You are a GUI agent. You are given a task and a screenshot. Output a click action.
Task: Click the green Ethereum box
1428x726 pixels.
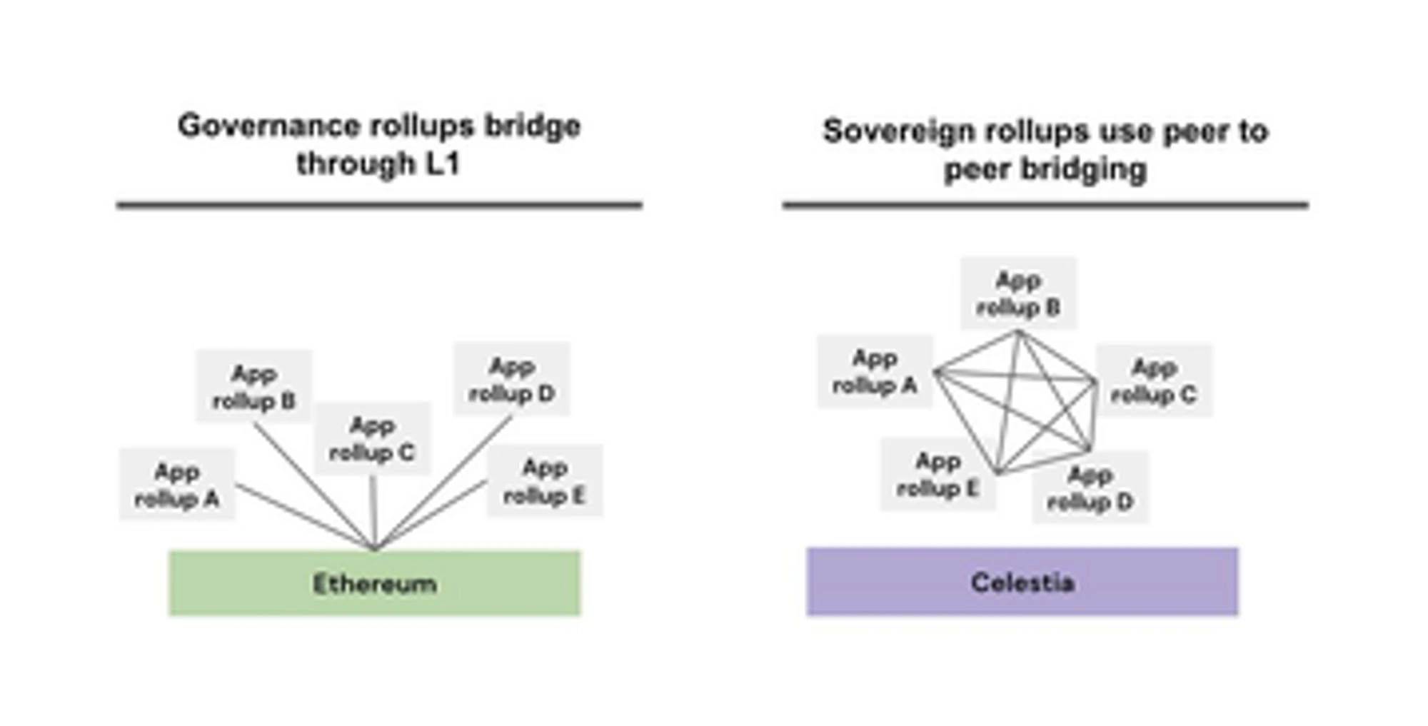[x=375, y=583]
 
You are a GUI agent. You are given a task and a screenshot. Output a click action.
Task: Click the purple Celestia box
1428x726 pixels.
[x=1022, y=582]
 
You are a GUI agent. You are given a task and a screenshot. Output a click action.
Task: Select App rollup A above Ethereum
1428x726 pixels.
[x=177, y=485]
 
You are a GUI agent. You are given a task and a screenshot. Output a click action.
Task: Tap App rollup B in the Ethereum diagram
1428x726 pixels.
[x=254, y=387]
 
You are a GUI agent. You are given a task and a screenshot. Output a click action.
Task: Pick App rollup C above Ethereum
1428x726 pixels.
[x=372, y=438]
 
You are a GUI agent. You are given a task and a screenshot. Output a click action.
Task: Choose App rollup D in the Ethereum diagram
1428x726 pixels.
[x=512, y=379]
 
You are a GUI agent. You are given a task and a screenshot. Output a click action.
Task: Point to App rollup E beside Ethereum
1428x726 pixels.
[x=545, y=480]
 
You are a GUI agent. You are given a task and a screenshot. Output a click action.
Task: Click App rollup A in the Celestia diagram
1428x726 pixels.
[x=875, y=371]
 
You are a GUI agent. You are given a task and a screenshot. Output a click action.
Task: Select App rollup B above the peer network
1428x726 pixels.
[x=1018, y=293]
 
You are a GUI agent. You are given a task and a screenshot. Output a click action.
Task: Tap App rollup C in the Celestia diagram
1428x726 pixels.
[x=1154, y=380]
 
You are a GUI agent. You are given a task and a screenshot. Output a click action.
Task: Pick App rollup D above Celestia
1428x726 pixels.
[x=1090, y=488]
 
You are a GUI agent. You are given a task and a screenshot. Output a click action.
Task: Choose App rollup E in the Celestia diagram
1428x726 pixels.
[x=937, y=474]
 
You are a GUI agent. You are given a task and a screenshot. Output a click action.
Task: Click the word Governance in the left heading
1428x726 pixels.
[x=249, y=126]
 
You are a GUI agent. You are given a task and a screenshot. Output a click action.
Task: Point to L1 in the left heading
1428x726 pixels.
[x=443, y=164]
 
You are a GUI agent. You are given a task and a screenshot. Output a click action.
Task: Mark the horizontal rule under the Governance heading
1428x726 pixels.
[x=379, y=206]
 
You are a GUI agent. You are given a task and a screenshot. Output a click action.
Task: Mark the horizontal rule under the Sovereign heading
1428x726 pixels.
[x=1045, y=206]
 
